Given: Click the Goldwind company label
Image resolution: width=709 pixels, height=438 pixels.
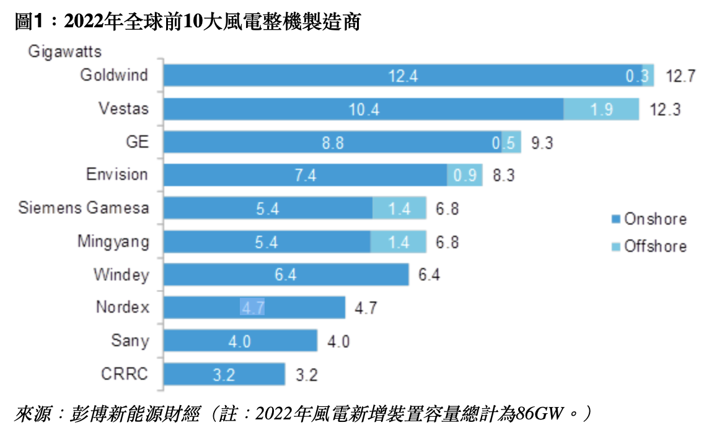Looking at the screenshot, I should pos(114,75).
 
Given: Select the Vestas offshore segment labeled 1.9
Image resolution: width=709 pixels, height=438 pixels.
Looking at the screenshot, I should pos(601,109).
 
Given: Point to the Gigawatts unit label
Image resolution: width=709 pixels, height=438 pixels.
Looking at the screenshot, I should pos(64,51).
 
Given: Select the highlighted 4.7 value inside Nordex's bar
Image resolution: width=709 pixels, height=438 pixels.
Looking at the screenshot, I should pos(252,307).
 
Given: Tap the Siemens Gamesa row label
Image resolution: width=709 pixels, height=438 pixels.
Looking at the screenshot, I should pos(84,207).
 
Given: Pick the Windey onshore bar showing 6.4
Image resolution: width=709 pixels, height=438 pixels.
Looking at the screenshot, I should pos(286,274).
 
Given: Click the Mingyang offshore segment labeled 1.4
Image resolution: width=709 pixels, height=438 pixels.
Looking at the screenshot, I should pos(399,241).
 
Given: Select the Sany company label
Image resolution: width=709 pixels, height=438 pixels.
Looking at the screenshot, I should pos(130,341).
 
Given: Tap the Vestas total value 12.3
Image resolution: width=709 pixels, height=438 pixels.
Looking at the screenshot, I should pos(666,110).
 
